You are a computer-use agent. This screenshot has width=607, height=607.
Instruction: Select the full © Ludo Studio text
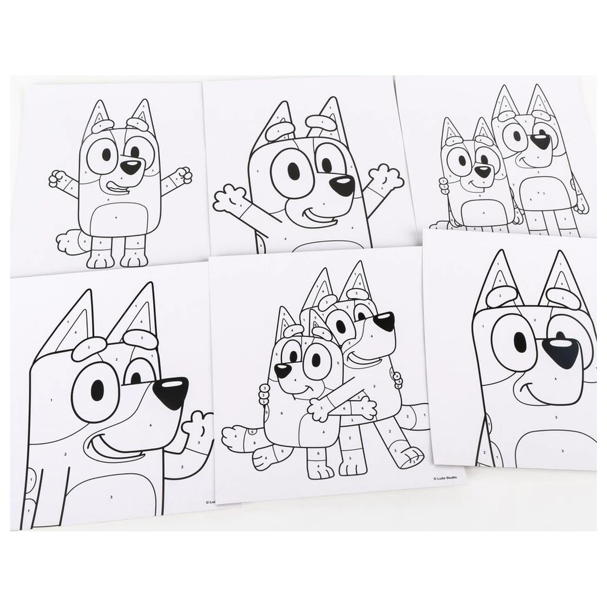tap(445, 478)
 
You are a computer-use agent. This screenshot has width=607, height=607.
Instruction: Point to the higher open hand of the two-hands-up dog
tap(386, 175)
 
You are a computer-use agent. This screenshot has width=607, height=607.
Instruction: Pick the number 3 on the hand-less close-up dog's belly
tap(562, 450)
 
